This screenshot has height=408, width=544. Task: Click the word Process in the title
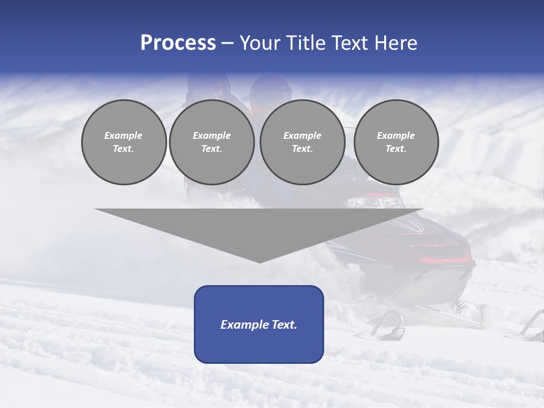coord(178,43)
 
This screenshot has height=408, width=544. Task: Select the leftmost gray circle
coord(124,142)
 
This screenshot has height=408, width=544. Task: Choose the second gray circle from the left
coord(211,142)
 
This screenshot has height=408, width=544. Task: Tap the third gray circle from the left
coord(302,142)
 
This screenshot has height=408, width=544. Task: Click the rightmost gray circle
coord(396,142)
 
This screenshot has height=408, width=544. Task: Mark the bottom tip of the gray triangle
coord(259,261)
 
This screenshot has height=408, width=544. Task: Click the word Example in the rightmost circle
coord(396,135)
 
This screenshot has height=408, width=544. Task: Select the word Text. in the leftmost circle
coord(124,148)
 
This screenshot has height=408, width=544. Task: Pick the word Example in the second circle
coord(211,135)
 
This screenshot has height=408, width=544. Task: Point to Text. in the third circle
coord(302,148)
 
